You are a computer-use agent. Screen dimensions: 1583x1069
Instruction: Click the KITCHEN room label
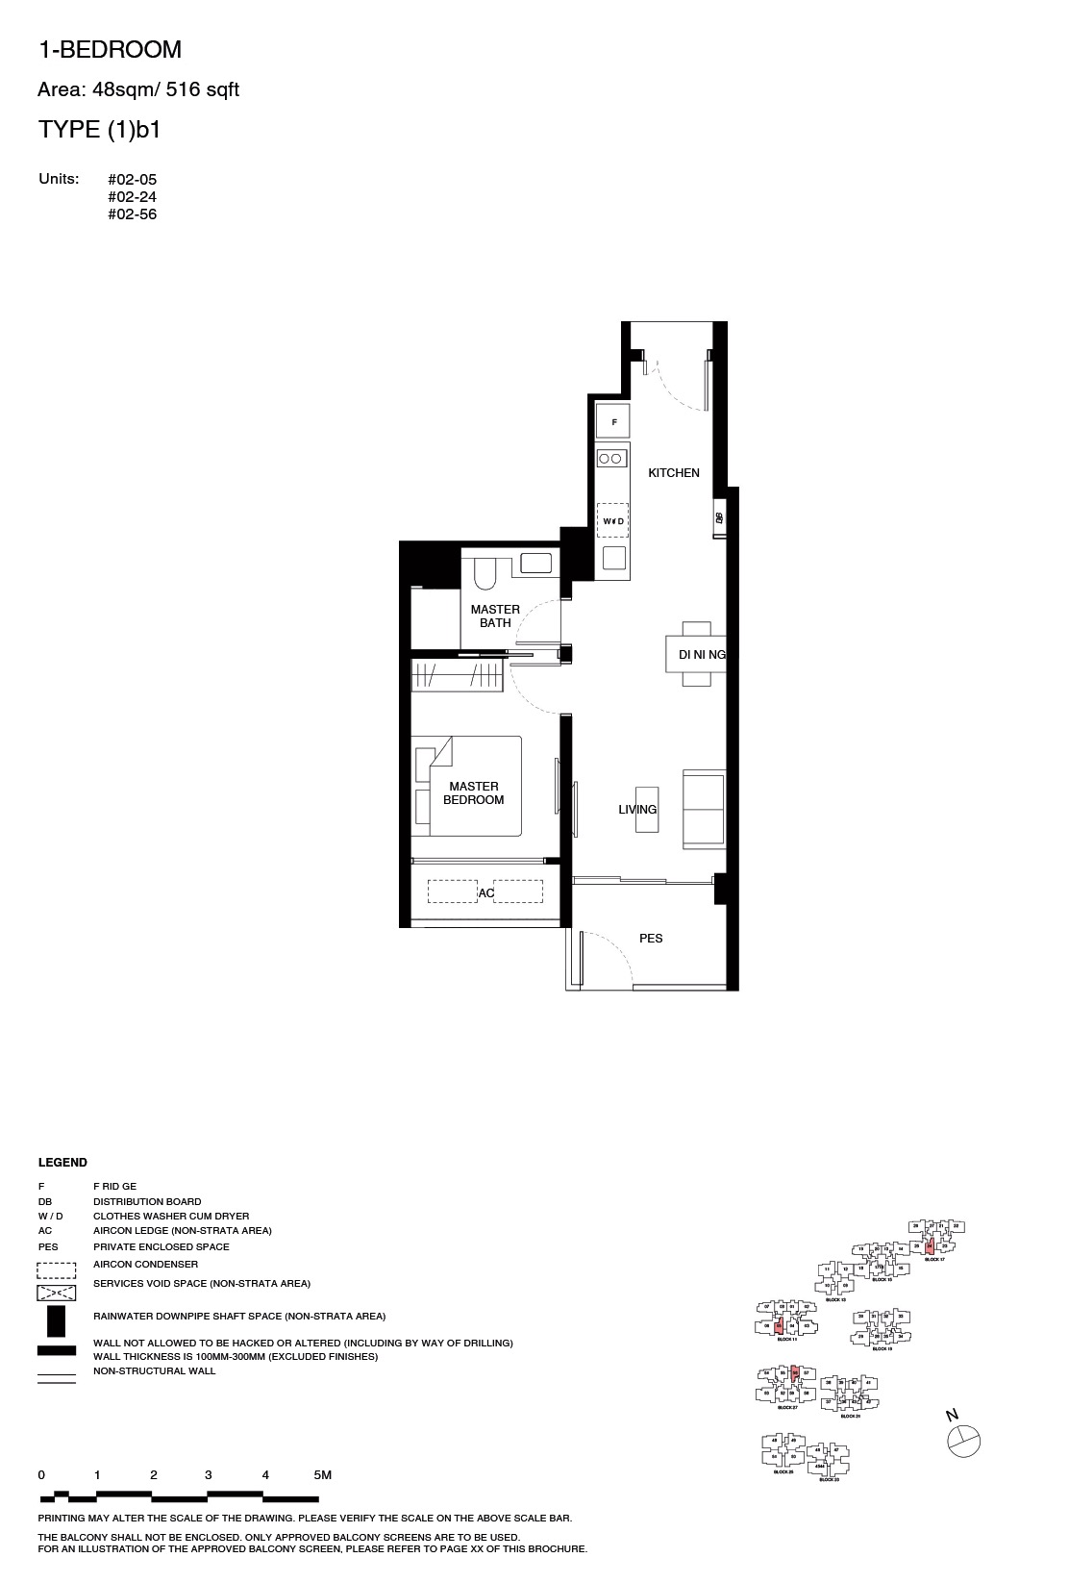pyautogui.click(x=674, y=473)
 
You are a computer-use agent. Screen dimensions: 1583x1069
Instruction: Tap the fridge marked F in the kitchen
pyautogui.click(x=613, y=422)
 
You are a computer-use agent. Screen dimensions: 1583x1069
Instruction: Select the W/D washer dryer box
pyautogui.click(x=613, y=520)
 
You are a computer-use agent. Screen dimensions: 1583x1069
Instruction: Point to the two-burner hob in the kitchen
pyautogui.click(x=611, y=460)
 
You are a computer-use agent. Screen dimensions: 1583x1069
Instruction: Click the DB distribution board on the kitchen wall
pyautogui.click(x=719, y=518)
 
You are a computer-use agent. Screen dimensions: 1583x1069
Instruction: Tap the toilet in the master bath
pyautogui.click(x=485, y=573)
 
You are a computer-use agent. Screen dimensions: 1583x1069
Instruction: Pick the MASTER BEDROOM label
pyautogui.click(x=474, y=793)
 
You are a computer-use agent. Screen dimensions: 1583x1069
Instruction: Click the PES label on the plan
pyautogui.click(x=651, y=939)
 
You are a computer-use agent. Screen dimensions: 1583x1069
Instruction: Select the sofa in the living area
pyautogui.click(x=704, y=809)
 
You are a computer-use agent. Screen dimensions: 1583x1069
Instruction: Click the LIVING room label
pyautogui.click(x=637, y=810)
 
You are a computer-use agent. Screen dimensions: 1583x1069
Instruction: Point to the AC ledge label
pyautogui.click(x=486, y=893)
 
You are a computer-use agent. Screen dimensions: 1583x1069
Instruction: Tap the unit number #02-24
pyautogui.click(x=132, y=197)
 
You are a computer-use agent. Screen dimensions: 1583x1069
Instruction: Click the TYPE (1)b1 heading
pyautogui.click(x=99, y=130)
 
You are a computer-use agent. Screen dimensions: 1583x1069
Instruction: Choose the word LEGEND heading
pyautogui.click(x=62, y=1163)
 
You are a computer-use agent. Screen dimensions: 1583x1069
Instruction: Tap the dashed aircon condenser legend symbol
pyautogui.click(x=56, y=1269)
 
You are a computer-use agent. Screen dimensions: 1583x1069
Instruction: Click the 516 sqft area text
pyautogui.click(x=203, y=90)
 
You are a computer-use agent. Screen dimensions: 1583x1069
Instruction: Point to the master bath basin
pyautogui.click(x=535, y=563)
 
